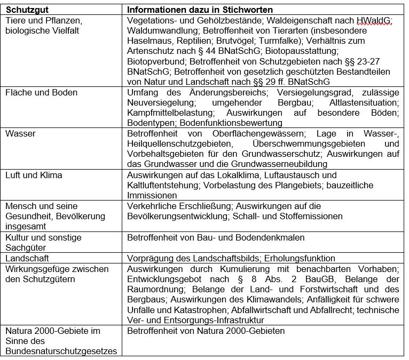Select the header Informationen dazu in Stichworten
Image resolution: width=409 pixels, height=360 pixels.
click(x=200, y=10)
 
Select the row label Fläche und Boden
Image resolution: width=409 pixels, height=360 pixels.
click(x=41, y=93)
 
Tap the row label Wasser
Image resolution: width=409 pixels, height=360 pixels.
click(x=20, y=134)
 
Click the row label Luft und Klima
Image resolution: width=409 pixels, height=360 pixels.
click(x=34, y=175)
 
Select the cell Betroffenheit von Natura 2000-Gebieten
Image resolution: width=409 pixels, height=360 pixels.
click(x=206, y=331)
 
